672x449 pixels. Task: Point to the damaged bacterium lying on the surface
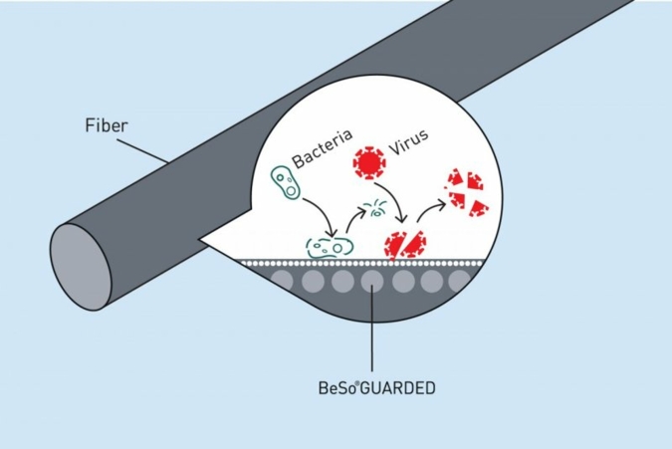click(x=330, y=246)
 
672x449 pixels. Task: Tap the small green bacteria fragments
click(x=376, y=210)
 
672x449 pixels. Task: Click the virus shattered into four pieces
click(x=465, y=192)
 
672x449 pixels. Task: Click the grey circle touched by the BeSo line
click(x=372, y=282)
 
